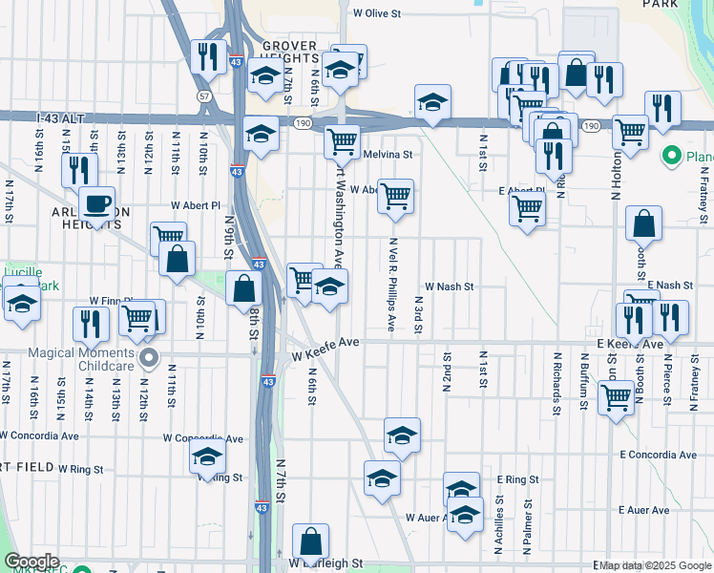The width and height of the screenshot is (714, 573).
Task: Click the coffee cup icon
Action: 96,202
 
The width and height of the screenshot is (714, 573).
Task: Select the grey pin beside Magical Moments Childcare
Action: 148,359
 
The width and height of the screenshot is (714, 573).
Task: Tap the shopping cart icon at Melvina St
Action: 341,142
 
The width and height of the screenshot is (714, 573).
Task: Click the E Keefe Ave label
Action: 629,344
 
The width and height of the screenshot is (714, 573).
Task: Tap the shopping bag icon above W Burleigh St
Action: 310,541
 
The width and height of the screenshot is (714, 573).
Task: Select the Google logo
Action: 31,562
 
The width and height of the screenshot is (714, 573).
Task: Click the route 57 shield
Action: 204,96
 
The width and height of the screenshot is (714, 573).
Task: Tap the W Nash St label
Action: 449,286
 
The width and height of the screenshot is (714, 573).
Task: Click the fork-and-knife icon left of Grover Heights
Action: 207,56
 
